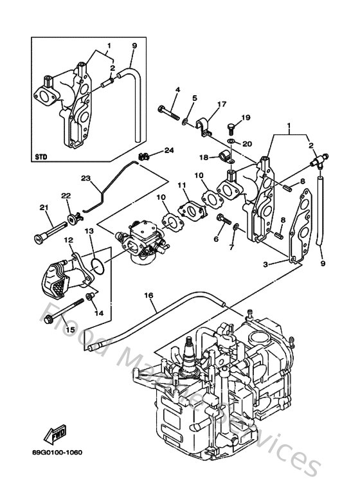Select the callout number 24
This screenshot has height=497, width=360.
coord(169,151)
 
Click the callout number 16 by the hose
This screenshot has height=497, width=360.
coord(148,295)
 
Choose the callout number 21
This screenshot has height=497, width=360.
coord(44,207)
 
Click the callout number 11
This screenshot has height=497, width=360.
coord(182,186)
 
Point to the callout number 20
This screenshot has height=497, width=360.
coord(248,143)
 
